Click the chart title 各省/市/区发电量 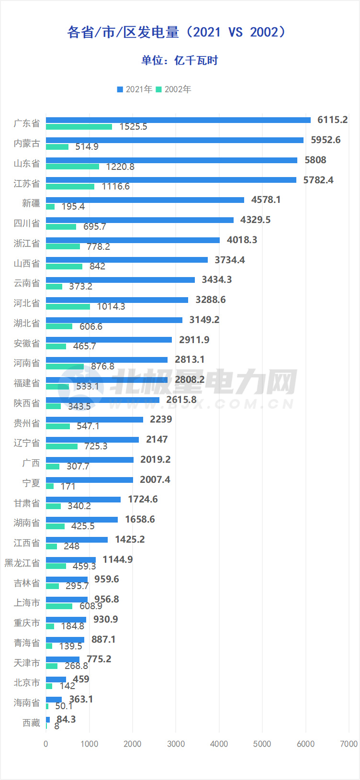[x=177, y=32]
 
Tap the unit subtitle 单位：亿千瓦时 [x=180, y=60]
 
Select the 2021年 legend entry [x=135, y=89]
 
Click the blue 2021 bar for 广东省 [x=178, y=120]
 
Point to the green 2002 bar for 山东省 [x=72, y=167]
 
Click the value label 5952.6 [x=326, y=140]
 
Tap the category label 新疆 [x=31, y=203]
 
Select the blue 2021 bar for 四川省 [x=140, y=220]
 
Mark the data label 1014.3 [x=111, y=306]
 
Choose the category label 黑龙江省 [x=22, y=563]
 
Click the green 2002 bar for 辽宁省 [x=62, y=446]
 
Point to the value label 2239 [x=161, y=419]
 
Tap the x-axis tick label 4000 [x=219, y=744]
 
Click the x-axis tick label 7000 [x=349, y=744]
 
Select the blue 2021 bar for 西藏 [x=48, y=720]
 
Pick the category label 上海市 [x=27, y=603]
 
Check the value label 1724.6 [x=143, y=499]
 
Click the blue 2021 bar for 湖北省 [x=114, y=320]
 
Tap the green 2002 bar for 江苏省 [x=70, y=187]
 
